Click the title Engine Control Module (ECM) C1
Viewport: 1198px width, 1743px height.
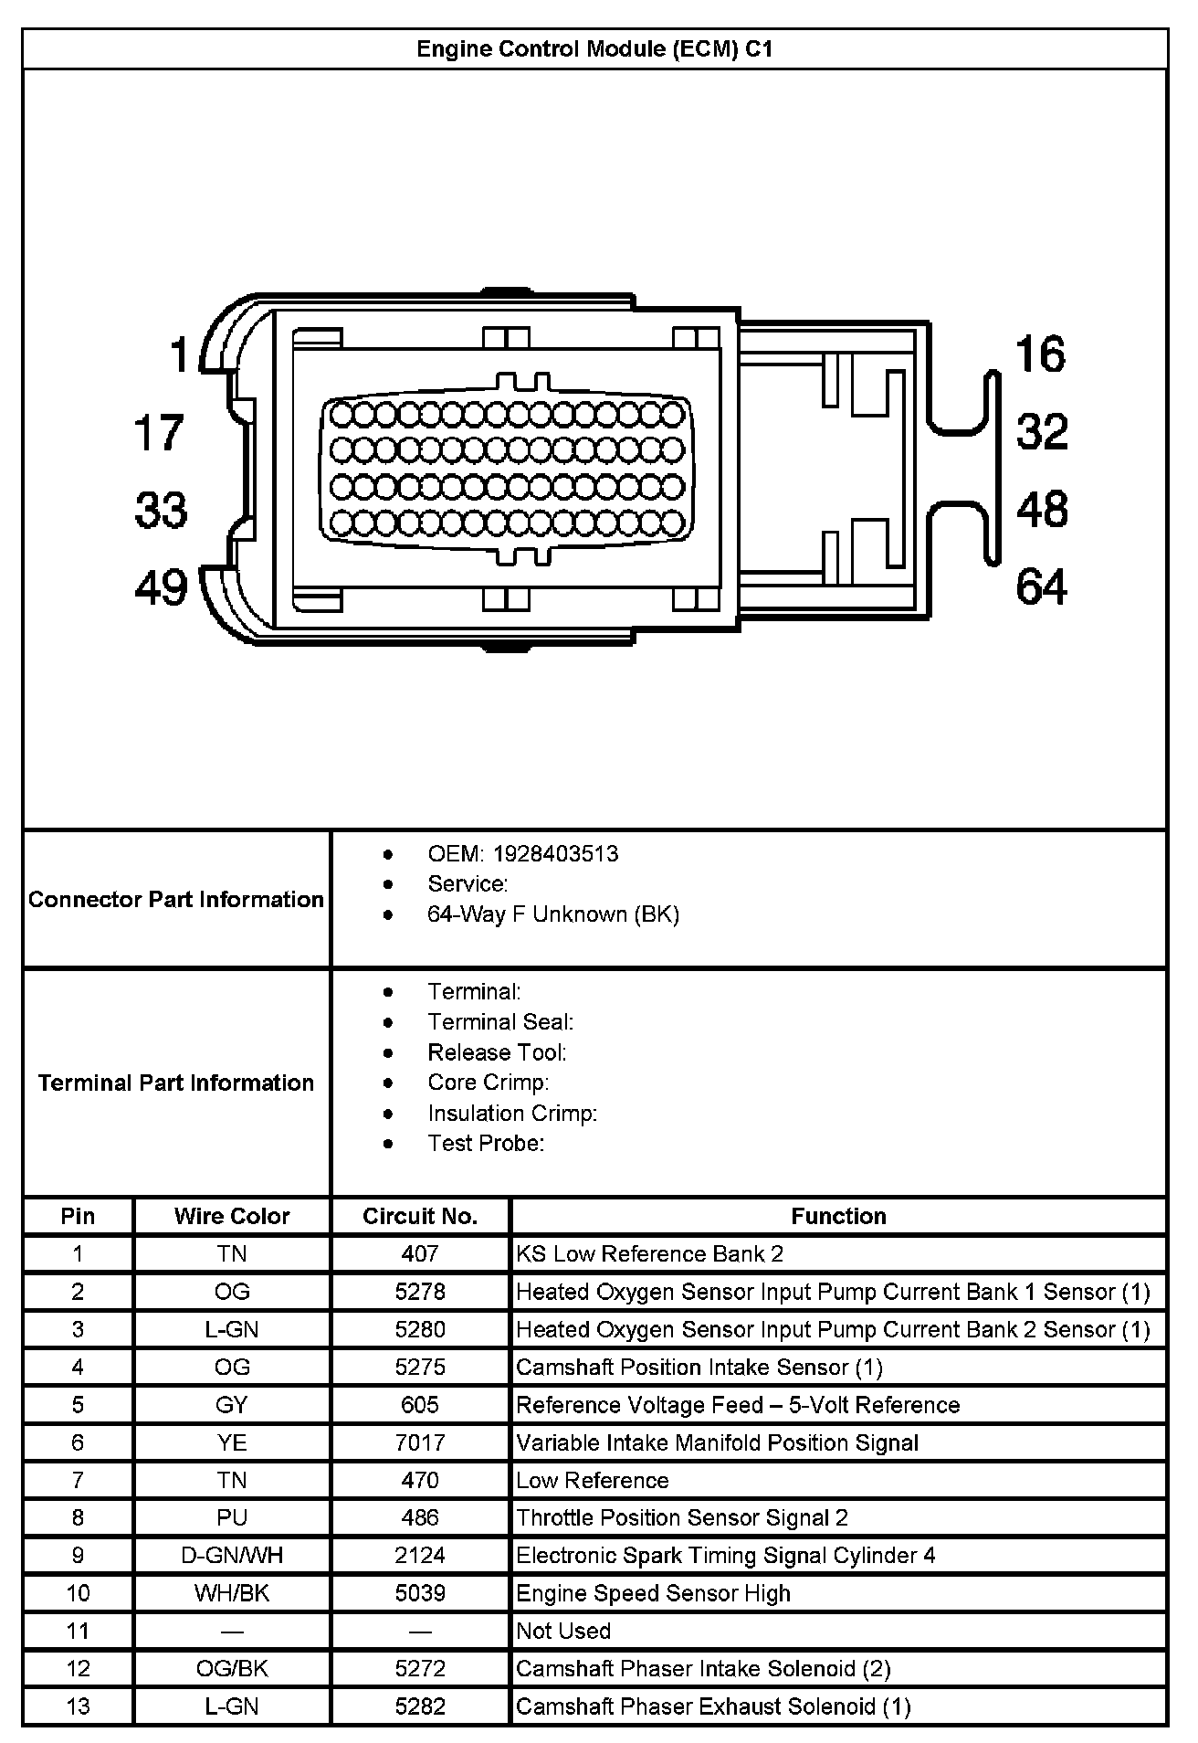(594, 49)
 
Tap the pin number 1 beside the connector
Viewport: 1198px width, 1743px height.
(180, 354)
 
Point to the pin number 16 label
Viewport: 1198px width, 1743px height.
(1040, 354)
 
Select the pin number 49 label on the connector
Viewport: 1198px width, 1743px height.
(161, 587)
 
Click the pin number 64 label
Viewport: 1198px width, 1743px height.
(1041, 586)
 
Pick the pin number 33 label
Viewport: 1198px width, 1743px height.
(161, 510)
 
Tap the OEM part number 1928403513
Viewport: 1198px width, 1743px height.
(555, 854)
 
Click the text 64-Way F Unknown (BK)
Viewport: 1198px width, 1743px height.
(553, 914)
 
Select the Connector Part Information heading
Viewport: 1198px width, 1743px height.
(176, 900)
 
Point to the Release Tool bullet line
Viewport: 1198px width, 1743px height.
(497, 1052)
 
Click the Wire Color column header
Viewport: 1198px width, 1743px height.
(232, 1216)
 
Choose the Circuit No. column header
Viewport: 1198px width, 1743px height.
(420, 1216)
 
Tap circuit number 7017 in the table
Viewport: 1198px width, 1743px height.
(420, 1442)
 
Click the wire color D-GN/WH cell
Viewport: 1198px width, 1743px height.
(232, 1555)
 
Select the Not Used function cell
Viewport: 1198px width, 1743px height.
(563, 1631)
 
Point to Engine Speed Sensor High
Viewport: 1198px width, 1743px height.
(653, 1593)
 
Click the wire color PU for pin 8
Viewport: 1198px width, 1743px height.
(232, 1517)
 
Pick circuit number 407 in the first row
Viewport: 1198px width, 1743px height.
(420, 1254)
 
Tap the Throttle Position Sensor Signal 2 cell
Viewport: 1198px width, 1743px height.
(682, 1517)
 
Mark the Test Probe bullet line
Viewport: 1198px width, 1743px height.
(486, 1143)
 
